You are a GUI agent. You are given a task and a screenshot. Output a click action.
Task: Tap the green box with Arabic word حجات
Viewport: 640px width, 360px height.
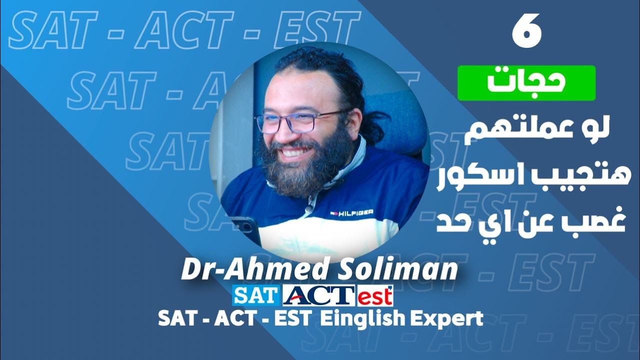526,83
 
